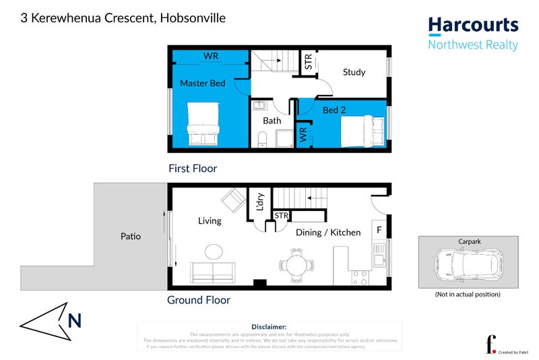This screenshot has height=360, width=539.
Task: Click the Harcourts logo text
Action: pos(474,26)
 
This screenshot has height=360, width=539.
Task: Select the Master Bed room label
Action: pos(202,83)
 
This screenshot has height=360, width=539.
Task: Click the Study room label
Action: pos(354,72)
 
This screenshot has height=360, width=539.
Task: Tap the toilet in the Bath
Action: pos(263,140)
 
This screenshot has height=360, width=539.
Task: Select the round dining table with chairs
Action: pos(296,264)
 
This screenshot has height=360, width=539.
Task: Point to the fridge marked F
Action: pos(379,231)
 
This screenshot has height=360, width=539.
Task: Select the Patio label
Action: pos(131,237)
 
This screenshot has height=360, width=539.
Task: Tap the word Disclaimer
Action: pos(269,326)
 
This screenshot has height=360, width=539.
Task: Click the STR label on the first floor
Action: pos(309,63)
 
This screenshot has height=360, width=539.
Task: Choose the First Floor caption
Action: pos(193,169)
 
